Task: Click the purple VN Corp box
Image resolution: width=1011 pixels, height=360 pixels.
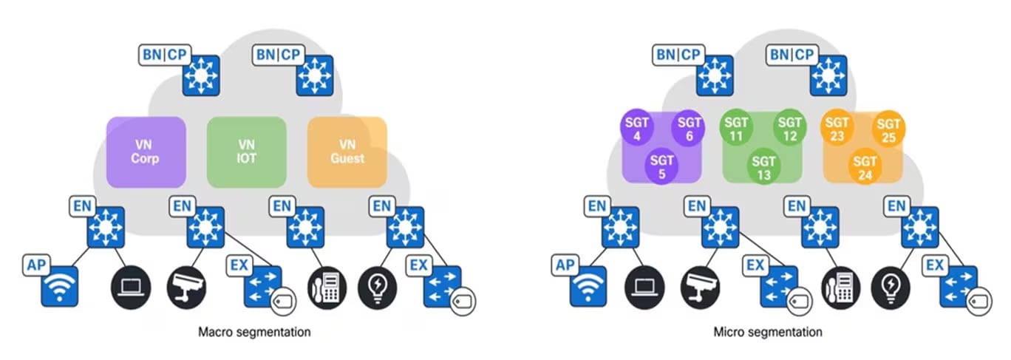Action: click(x=146, y=152)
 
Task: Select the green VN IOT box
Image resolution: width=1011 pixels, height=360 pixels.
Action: click(x=246, y=152)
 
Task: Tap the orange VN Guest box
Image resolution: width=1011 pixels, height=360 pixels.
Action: click(x=347, y=152)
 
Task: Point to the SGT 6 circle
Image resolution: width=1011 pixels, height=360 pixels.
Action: click(x=690, y=130)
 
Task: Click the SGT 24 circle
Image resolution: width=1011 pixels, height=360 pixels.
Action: click(x=865, y=167)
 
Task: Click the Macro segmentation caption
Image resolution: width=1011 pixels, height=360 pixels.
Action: click(x=254, y=332)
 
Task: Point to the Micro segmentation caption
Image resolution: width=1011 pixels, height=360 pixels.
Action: click(x=768, y=332)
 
